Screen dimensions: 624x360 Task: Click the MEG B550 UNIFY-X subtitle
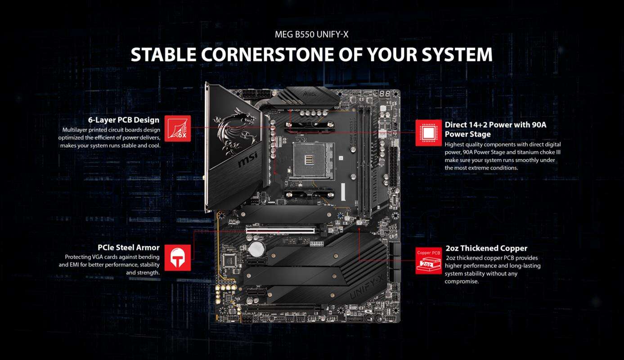[311, 34]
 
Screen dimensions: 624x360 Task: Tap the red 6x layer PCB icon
[178, 128]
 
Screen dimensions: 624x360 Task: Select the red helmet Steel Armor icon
[178, 258]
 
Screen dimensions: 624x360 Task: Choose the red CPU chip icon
[428, 133]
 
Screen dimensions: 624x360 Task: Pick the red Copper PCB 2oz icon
[428, 261]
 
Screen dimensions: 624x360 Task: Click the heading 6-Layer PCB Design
[124, 120]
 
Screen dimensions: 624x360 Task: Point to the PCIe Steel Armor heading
[129, 247]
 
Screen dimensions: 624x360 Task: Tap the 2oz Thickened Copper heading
[486, 248]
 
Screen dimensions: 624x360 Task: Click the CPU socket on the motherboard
[311, 161]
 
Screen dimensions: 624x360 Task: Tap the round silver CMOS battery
[256, 249]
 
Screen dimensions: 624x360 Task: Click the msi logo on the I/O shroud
[247, 159]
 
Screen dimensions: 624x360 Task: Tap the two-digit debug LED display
[385, 94]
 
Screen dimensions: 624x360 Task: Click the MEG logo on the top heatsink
[309, 94]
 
